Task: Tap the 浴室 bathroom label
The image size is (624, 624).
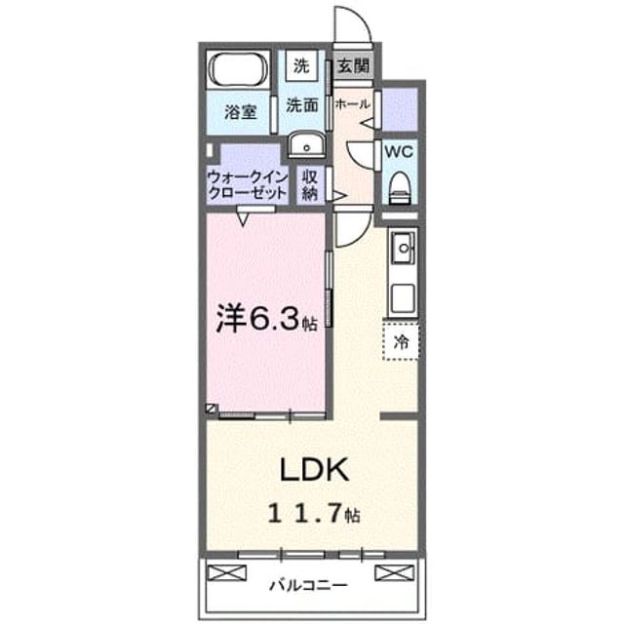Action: tap(241, 112)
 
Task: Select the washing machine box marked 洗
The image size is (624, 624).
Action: tap(301, 65)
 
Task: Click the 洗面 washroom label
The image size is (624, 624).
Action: tap(302, 105)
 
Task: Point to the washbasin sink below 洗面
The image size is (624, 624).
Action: tap(306, 144)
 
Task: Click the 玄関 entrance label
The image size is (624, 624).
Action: tap(353, 65)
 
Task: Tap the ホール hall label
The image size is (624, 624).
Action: tap(353, 104)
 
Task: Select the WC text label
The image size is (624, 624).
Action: tap(399, 152)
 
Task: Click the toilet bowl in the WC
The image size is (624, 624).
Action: tap(400, 188)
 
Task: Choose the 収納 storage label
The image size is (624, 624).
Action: tap(310, 185)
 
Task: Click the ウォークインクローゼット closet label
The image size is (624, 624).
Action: tap(248, 185)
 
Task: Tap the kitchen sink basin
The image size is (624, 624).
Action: tap(404, 249)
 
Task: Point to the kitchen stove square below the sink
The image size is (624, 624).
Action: tap(403, 298)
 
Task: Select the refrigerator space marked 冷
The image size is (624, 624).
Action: tap(401, 342)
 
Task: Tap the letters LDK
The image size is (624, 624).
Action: tap(315, 470)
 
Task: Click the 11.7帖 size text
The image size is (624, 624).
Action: tap(314, 514)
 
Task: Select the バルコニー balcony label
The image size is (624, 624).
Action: tap(309, 585)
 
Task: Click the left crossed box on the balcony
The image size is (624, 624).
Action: tap(227, 572)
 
